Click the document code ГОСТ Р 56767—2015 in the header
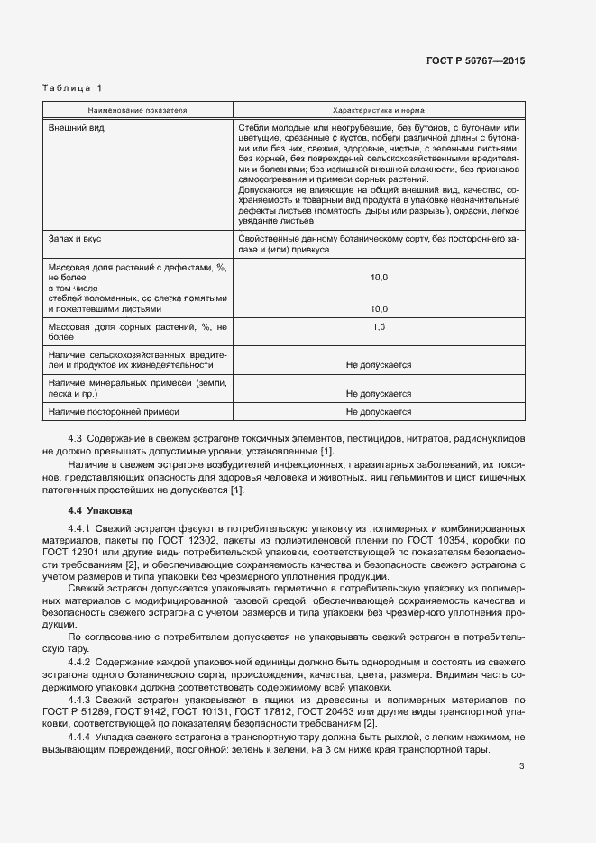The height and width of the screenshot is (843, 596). pos(474,60)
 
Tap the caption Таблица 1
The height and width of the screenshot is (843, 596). pos(73,87)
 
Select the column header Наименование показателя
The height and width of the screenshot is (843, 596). pos(137,109)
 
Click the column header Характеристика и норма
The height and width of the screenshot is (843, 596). pos(379,109)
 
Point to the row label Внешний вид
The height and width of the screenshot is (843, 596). pos(77,128)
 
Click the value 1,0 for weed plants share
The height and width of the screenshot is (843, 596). pos(379,326)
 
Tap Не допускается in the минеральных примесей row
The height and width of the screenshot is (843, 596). pos(379,394)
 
